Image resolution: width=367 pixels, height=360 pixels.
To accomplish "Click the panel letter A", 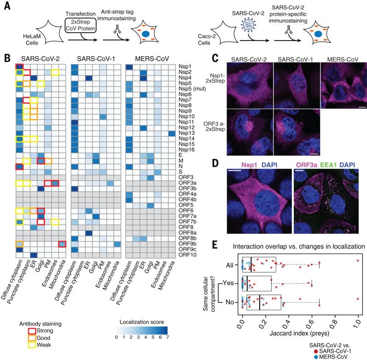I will click(6, 6).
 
